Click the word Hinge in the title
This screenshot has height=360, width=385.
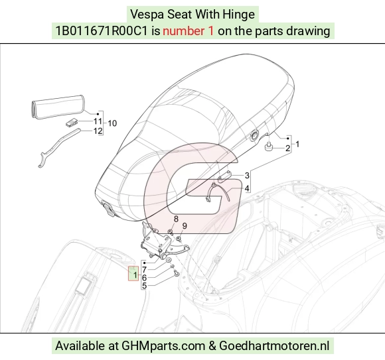[238, 15]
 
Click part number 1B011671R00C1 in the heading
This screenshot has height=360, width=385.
[102, 31]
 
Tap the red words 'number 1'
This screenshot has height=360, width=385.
[188, 31]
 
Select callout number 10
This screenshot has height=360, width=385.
[112, 123]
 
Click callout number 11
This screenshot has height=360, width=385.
[98, 121]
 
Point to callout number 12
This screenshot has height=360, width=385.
[98, 131]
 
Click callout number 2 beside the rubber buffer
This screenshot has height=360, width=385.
[287, 148]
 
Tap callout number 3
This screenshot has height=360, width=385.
[247, 175]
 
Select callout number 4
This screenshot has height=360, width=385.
[247, 188]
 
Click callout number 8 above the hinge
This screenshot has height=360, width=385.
[176, 219]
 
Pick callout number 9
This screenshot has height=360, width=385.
[185, 226]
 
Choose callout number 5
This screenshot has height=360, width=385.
[145, 286]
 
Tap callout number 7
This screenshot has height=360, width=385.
[145, 270]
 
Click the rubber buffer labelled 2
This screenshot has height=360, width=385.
[268, 147]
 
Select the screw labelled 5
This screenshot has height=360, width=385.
[177, 273]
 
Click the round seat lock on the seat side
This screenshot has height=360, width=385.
[254, 136]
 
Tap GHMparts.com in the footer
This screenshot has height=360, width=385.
[163, 346]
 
